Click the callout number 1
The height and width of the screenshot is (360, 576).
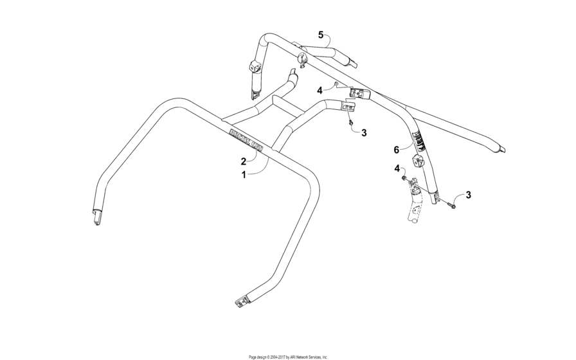244,174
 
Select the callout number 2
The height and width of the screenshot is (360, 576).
244,161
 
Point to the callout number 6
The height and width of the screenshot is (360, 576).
397,149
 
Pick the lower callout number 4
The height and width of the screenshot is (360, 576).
397,168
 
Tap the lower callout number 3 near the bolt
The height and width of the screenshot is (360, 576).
468,195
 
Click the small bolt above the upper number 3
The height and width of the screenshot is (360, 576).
350,122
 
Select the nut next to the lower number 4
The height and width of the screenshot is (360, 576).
403,178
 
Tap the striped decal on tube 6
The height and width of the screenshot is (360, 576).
418,139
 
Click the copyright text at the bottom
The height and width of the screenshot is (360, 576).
288,356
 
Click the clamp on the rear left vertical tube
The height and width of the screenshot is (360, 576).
254,66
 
